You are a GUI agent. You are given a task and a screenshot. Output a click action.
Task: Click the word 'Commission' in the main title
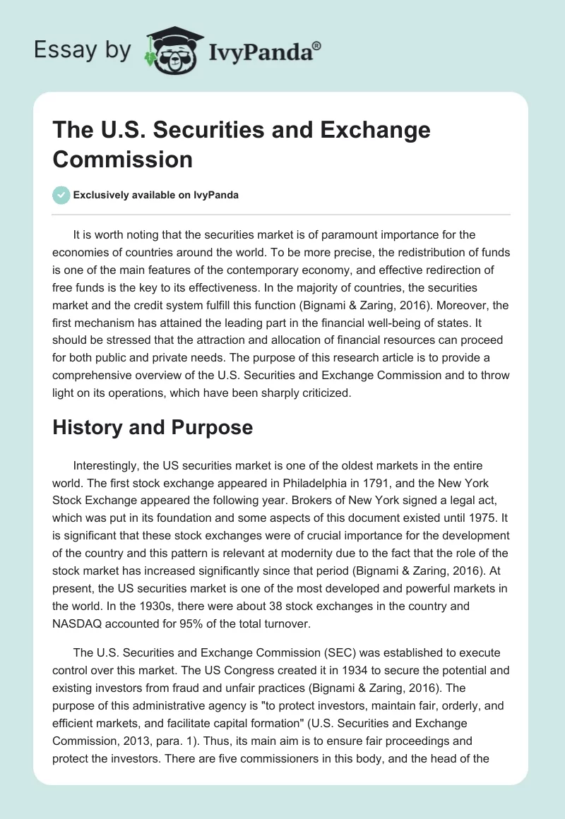122,159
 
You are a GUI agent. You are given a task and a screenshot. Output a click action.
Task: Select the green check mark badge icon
62,195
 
